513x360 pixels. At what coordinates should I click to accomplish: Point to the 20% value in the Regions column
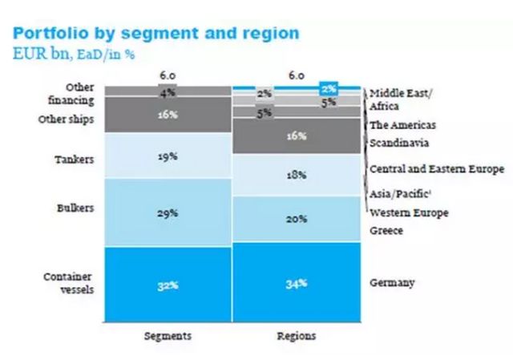[x=296, y=218]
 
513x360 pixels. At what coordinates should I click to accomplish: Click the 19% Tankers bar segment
[x=167, y=157]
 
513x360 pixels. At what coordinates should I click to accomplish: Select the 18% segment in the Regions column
[x=296, y=176]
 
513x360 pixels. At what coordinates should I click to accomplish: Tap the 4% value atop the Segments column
[x=167, y=93]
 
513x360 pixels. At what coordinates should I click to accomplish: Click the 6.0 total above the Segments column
[x=167, y=75]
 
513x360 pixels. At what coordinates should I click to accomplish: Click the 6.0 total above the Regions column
[x=296, y=75]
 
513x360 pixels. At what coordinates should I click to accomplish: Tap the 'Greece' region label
[x=386, y=232]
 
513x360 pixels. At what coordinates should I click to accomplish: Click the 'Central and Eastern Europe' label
[x=436, y=169]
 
